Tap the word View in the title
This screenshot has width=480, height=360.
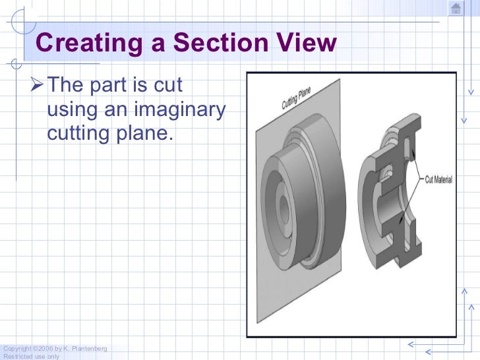coord(307,44)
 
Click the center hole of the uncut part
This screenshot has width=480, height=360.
coord(284,210)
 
